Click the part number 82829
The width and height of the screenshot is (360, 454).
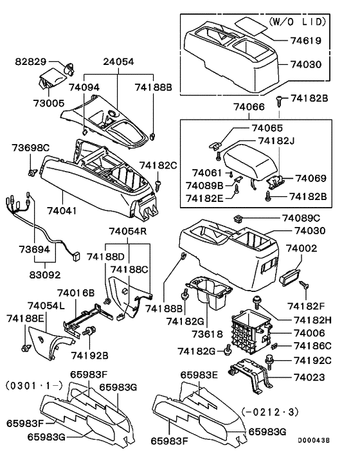[x=32, y=62]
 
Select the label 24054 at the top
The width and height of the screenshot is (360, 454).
[x=118, y=62]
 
